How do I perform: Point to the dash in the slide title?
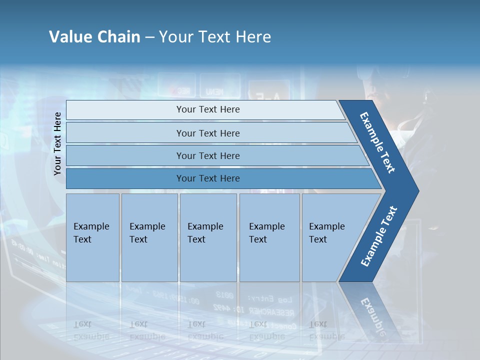tap(149, 37)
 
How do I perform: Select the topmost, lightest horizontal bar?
tap(205, 110)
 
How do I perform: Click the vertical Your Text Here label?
tap(57, 143)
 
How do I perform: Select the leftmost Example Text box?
tap(92, 237)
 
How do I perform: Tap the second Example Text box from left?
tap(149, 237)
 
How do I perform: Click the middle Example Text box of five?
tap(208, 237)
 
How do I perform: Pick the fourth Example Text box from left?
tap(269, 237)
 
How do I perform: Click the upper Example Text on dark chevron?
tap(377, 142)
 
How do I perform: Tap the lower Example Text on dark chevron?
tap(378, 236)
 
